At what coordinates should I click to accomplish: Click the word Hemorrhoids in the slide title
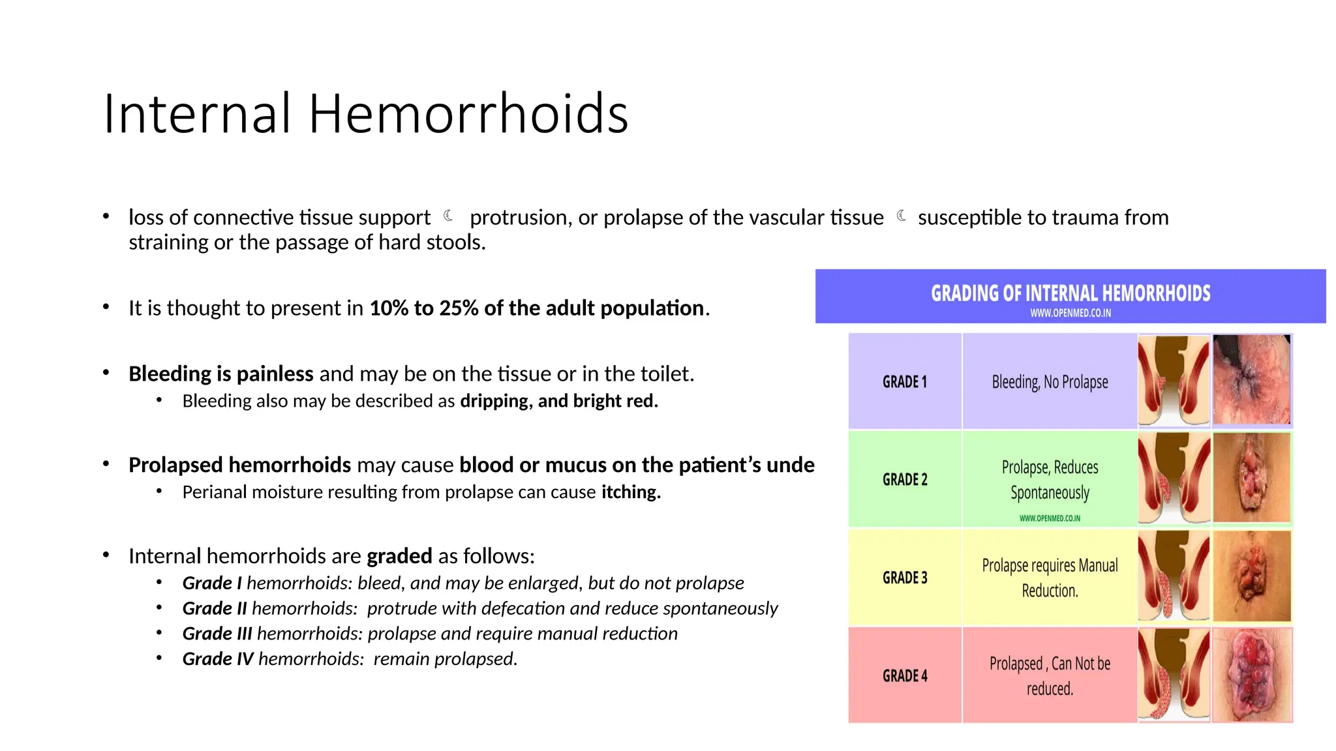tap(468, 114)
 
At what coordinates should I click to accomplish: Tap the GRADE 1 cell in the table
tap(905, 381)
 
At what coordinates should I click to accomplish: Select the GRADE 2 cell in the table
tap(905, 479)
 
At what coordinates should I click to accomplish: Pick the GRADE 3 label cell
tap(905, 578)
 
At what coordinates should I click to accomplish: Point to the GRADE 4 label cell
tap(905, 675)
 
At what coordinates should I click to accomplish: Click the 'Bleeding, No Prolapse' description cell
tap(1050, 381)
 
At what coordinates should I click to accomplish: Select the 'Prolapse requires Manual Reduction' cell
tap(1050, 578)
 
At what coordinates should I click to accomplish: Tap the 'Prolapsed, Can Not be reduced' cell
tap(1050, 675)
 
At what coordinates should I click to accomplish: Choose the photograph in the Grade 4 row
tap(1252, 675)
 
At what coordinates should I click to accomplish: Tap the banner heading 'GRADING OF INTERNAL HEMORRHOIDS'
tap(1070, 293)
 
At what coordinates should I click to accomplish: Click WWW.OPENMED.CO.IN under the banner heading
tap(1070, 313)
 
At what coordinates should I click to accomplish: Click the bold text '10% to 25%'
tap(424, 308)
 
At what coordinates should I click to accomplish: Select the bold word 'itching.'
tap(631, 492)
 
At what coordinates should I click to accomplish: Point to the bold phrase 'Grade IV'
tap(218, 659)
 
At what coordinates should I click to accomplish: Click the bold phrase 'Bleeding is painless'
tap(220, 374)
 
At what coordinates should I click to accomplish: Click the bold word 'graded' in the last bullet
tap(399, 556)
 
